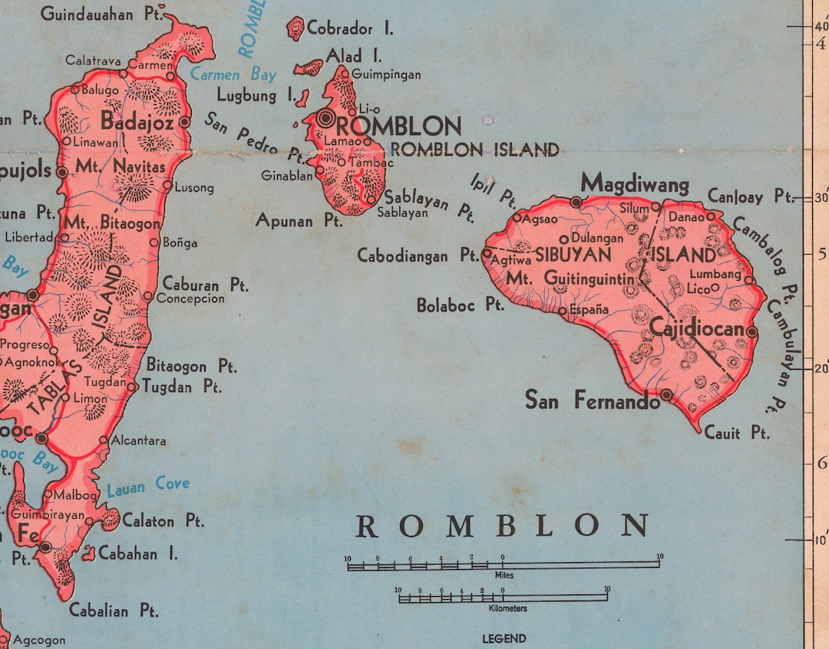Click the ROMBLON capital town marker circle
tap(326, 118)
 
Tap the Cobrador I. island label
tap(349, 29)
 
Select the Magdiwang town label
tap(635, 183)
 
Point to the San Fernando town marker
tap(666, 394)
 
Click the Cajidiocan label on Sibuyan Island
tap(697, 329)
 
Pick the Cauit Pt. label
tap(736, 433)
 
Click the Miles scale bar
tap(503, 565)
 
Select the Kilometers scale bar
tap(503, 598)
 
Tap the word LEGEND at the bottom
tap(504, 638)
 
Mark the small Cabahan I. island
tap(89, 553)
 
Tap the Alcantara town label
tap(138, 440)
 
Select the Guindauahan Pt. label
tap(97, 14)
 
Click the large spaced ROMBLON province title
tap(502, 526)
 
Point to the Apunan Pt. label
tap(299, 221)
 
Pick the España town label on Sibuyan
tap(590, 309)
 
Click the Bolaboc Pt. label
tap(460, 305)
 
